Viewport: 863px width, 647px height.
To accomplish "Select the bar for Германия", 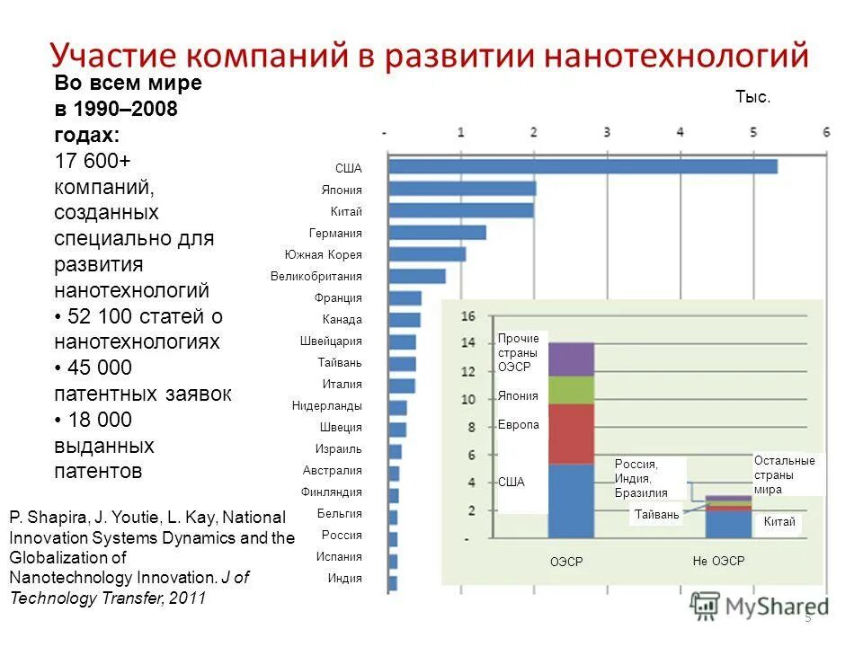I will [437, 232].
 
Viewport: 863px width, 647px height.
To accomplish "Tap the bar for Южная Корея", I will [427, 253].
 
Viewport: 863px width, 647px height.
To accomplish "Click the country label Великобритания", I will [316, 277].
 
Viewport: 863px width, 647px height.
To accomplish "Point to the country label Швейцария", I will [331, 341].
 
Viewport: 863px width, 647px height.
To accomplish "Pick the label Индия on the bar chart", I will [345, 579].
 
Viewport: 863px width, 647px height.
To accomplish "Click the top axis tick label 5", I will [753, 132].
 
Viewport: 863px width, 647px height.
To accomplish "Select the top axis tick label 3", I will [607, 132].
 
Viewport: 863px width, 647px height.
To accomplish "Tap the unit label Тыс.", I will [752, 97].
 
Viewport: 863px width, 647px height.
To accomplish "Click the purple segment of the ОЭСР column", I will [571, 359].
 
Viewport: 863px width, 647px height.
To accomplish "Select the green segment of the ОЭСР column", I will [571, 389].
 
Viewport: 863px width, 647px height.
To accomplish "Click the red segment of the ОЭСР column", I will [571, 433].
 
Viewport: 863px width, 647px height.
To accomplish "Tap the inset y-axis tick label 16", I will [467, 316].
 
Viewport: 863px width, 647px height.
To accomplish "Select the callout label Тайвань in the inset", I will [656, 515].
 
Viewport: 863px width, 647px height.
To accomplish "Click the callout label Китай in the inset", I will [778, 522].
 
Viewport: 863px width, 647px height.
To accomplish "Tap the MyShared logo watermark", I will [760, 607].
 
